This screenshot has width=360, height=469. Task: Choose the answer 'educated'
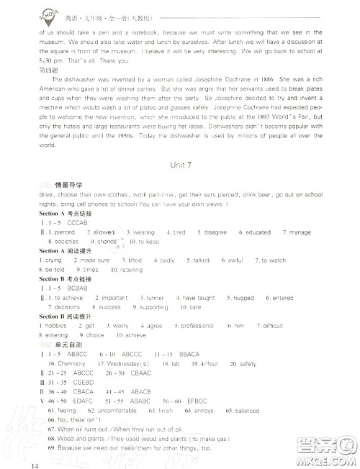[256, 232]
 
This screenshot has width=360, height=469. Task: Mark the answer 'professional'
[197, 326]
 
